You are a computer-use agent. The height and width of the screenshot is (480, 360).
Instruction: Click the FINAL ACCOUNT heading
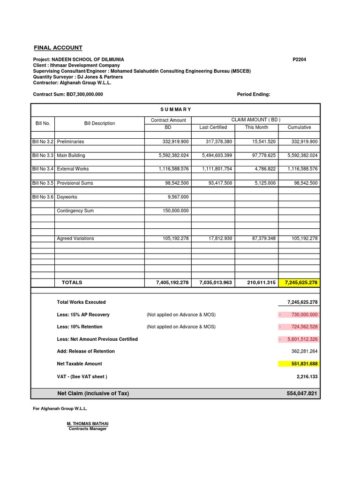pyautogui.click(x=58, y=48)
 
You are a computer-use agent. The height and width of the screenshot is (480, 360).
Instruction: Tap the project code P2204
pyautogui.click(x=299, y=60)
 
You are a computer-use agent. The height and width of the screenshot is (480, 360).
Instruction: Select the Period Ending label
pyautogui.click(x=254, y=94)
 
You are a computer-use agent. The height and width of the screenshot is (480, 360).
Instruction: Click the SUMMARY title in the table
pyautogui.click(x=176, y=109)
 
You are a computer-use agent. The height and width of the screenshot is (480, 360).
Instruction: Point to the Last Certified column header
pyautogui.click(x=213, y=127)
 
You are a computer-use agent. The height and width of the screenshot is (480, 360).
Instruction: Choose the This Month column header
pyautogui.click(x=256, y=127)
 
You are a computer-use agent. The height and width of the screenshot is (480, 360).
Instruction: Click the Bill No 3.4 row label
pyautogui.click(x=43, y=169)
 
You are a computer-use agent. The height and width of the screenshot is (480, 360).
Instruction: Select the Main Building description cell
pyautogui.click(x=71, y=155)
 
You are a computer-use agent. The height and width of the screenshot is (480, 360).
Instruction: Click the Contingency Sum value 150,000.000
pyautogui.click(x=174, y=211)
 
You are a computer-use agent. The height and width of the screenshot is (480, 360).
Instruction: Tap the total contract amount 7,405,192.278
pyautogui.click(x=172, y=283)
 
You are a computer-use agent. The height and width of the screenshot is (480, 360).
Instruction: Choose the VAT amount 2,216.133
pyautogui.click(x=307, y=376)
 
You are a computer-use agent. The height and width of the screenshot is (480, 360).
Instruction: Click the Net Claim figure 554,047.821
pyautogui.click(x=302, y=393)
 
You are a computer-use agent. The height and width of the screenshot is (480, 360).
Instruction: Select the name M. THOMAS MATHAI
pyautogui.click(x=88, y=424)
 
